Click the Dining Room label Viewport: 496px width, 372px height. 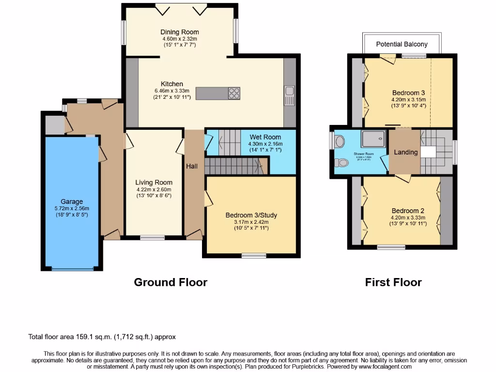(x=180, y=32)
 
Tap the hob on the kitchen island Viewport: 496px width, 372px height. (x=233, y=93)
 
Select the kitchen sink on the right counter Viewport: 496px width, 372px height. (x=290, y=91)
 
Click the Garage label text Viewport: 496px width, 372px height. (x=72, y=201)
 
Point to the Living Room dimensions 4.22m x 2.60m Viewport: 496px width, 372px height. (x=154, y=189)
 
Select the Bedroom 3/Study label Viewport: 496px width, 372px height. (x=251, y=215)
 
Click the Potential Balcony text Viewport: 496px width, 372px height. (x=402, y=44)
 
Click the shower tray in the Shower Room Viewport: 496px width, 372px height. (x=372, y=139)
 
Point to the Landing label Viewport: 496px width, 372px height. (x=405, y=152)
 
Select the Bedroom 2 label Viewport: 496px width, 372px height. (x=408, y=211)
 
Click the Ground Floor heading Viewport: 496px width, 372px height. (x=170, y=282)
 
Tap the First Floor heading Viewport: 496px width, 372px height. (x=393, y=282)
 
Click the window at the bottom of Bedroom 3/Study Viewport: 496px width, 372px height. (x=254, y=255)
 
